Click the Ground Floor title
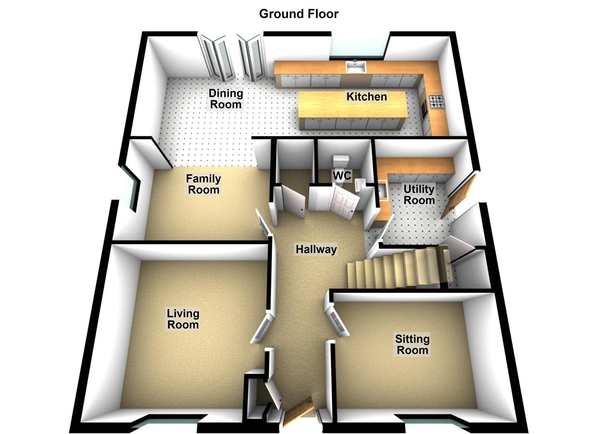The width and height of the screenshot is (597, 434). (298, 14)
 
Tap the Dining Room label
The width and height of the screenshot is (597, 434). (226, 99)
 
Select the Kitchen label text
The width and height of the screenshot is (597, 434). (367, 97)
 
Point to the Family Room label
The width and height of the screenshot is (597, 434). (203, 184)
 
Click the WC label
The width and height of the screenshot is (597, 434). (342, 175)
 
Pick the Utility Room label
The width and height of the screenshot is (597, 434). (419, 194)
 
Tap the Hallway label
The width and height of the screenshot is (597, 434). (316, 249)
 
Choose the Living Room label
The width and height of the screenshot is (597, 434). (183, 319)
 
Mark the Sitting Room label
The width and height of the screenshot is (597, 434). (412, 344)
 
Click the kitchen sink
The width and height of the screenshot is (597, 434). (356, 67)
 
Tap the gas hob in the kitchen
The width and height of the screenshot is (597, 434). (437, 102)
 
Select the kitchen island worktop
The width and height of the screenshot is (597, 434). (353, 104)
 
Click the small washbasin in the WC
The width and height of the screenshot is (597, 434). (360, 185)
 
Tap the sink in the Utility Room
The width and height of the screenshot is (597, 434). (383, 190)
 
